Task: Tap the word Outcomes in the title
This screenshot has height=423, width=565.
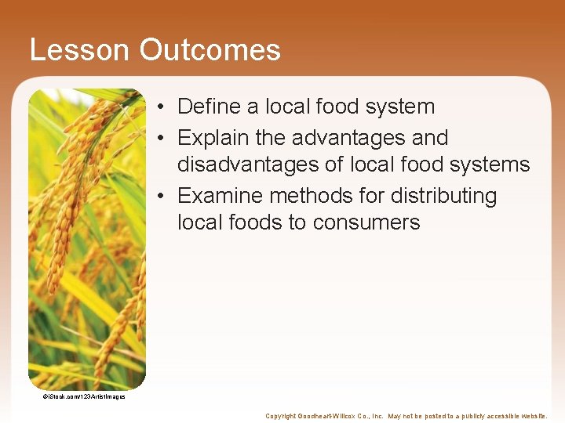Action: click(210, 50)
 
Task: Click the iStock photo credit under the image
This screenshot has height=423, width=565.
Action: click(83, 396)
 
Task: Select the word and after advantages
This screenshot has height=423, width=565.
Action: click(430, 138)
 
